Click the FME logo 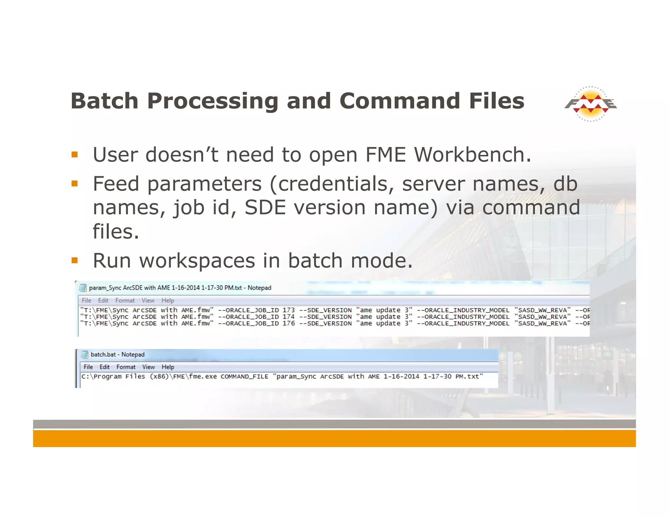tap(591, 104)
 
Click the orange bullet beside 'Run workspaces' tap(75, 260)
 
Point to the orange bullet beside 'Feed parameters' tap(75, 184)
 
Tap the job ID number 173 tap(288, 310)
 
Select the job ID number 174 tap(288, 317)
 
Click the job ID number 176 tap(288, 324)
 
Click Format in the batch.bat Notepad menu tap(126, 367)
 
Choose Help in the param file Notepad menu tap(168, 301)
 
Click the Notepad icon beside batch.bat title tap(85, 355)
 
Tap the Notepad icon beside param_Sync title tap(83, 288)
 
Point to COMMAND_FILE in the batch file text tap(244, 376)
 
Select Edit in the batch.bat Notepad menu tap(105, 367)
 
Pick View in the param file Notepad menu tap(148, 301)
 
